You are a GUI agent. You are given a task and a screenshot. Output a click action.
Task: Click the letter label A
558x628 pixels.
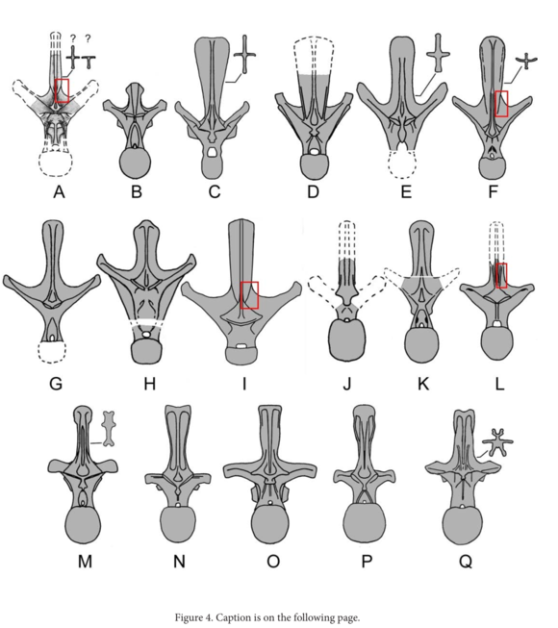point(59,191)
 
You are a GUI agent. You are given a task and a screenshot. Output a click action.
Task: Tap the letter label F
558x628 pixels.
point(494,191)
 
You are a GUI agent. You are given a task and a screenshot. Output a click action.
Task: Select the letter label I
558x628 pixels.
point(244,384)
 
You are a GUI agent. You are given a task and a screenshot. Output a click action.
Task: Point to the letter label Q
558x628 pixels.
point(466,562)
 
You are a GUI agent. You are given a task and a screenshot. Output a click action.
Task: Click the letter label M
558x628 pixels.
point(85,562)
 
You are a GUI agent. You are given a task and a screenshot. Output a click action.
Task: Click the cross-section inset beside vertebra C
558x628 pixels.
point(244,55)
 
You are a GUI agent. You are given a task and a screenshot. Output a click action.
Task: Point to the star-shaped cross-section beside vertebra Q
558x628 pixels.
point(497,442)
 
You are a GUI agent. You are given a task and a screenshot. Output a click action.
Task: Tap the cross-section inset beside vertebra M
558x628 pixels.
point(109,429)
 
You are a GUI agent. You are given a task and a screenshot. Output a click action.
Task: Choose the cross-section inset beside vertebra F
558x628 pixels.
point(526,62)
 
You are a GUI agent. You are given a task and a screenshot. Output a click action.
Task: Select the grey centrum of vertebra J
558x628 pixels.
point(346,340)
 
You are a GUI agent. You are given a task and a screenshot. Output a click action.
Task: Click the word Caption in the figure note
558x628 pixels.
point(233,617)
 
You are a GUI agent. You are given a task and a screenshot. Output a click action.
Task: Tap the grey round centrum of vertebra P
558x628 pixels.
point(364,522)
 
